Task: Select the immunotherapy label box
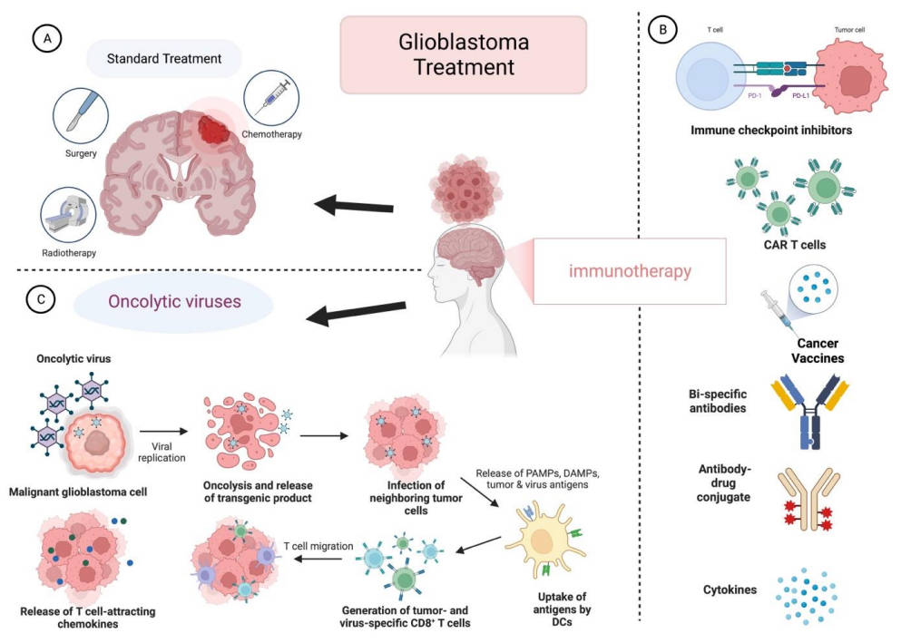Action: [x=630, y=270]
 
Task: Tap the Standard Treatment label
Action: [x=163, y=61]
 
